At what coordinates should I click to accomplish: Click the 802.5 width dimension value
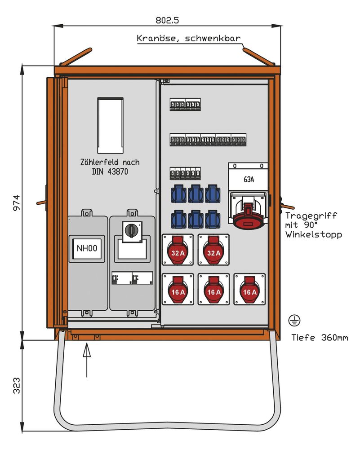[167, 20]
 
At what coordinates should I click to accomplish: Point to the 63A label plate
[249, 180]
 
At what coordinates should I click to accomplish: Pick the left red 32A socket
[178, 250]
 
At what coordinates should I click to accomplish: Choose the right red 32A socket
[213, 250]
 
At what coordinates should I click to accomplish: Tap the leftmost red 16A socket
[178, 289]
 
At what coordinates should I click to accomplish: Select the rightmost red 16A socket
[249, 289]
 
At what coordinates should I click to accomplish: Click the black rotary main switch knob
[132, 230]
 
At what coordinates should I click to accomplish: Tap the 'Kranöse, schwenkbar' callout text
[188, 39]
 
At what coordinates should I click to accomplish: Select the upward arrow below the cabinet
[87, 359]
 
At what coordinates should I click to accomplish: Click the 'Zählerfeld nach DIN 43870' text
[110, 167]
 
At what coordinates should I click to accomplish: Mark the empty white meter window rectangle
[110, 125]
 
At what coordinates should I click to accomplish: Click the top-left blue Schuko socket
[178, 194]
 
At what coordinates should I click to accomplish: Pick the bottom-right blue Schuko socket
[213, 220]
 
